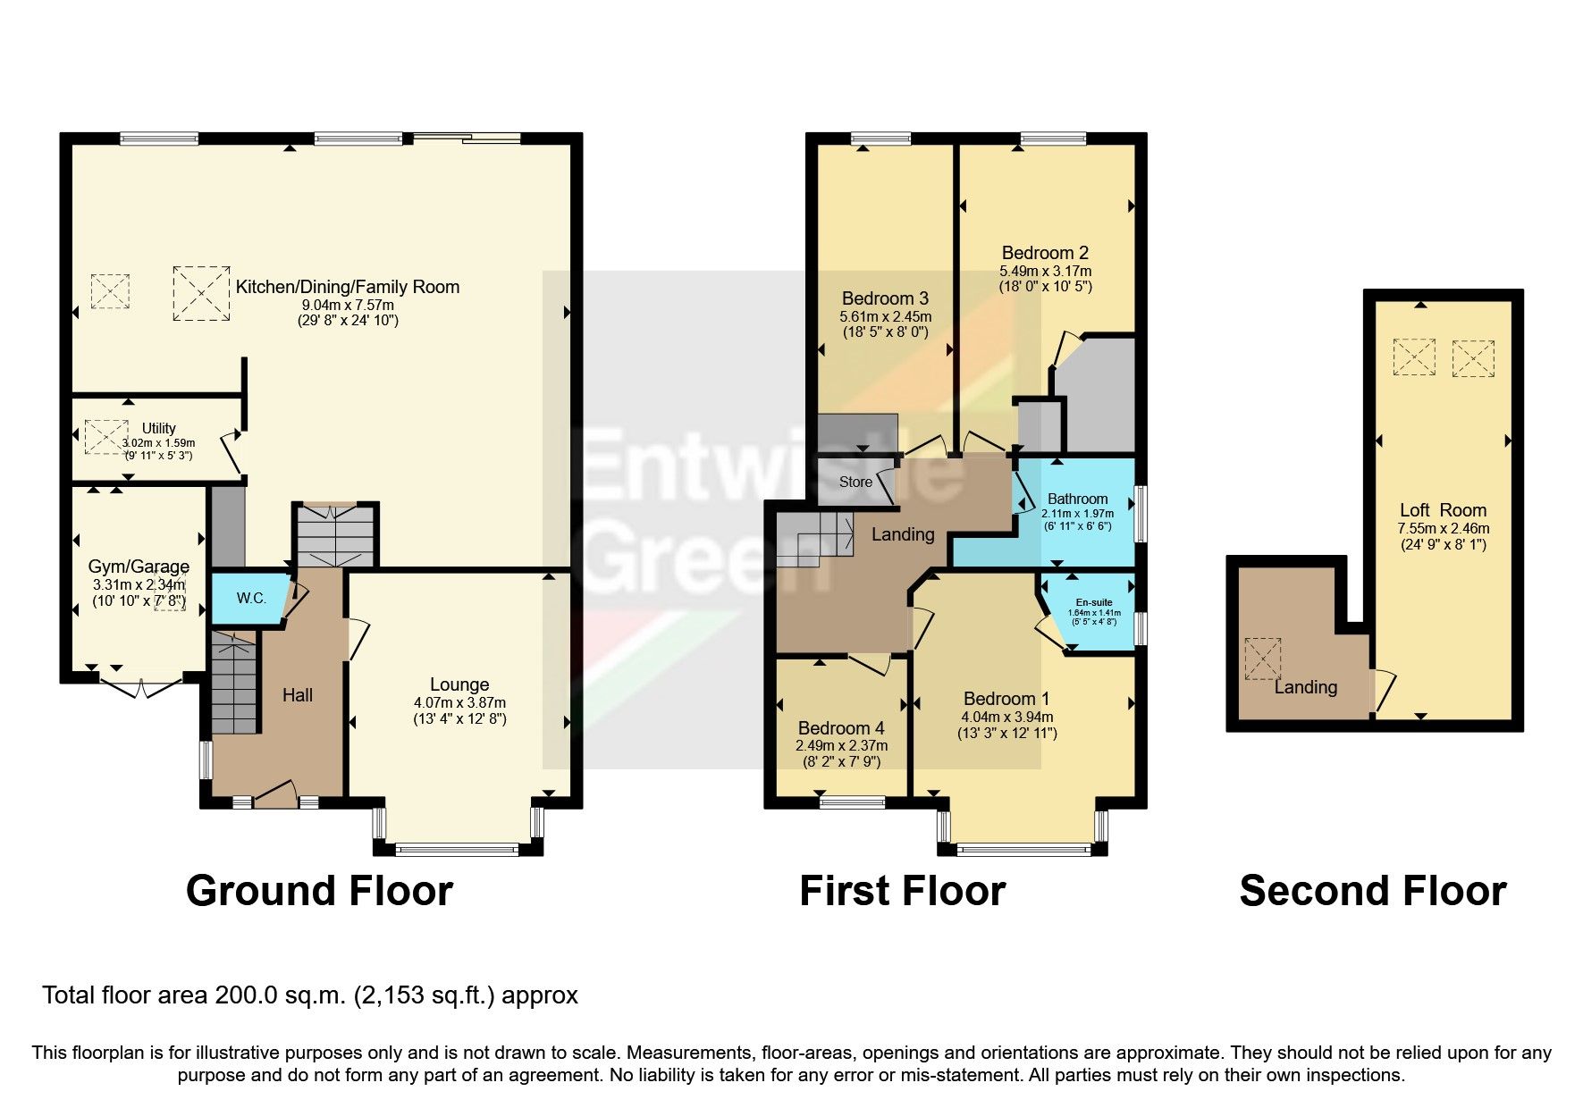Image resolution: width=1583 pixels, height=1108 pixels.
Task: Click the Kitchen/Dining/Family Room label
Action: click(347, 287)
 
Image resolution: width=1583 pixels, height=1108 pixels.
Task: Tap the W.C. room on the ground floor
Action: click(251, 598)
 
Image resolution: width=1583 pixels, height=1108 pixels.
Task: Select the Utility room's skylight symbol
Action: click(105, 437)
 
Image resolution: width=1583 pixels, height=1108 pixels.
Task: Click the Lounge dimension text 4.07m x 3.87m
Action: click(459, 702)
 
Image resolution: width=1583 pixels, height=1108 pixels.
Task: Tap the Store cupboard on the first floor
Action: click(855, 482)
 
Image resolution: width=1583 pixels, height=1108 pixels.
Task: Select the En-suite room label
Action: click(1094, 602)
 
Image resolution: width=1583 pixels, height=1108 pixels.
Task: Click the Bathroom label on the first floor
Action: click(1077, 499)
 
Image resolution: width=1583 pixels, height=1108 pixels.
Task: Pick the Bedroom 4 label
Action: click(841, 727)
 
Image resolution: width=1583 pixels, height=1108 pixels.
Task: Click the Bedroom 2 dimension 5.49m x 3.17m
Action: click(1045, 271)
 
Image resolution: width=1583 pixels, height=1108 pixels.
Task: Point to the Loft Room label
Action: click(1443, 510)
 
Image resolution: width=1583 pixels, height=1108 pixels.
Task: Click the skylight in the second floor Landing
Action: click(1263, 659)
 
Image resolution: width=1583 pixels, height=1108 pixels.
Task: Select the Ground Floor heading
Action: click(319, 891)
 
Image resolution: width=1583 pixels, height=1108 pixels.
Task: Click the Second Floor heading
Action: click(1372, 891)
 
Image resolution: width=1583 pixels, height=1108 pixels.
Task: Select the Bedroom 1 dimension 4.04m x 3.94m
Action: click(1006, 717)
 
